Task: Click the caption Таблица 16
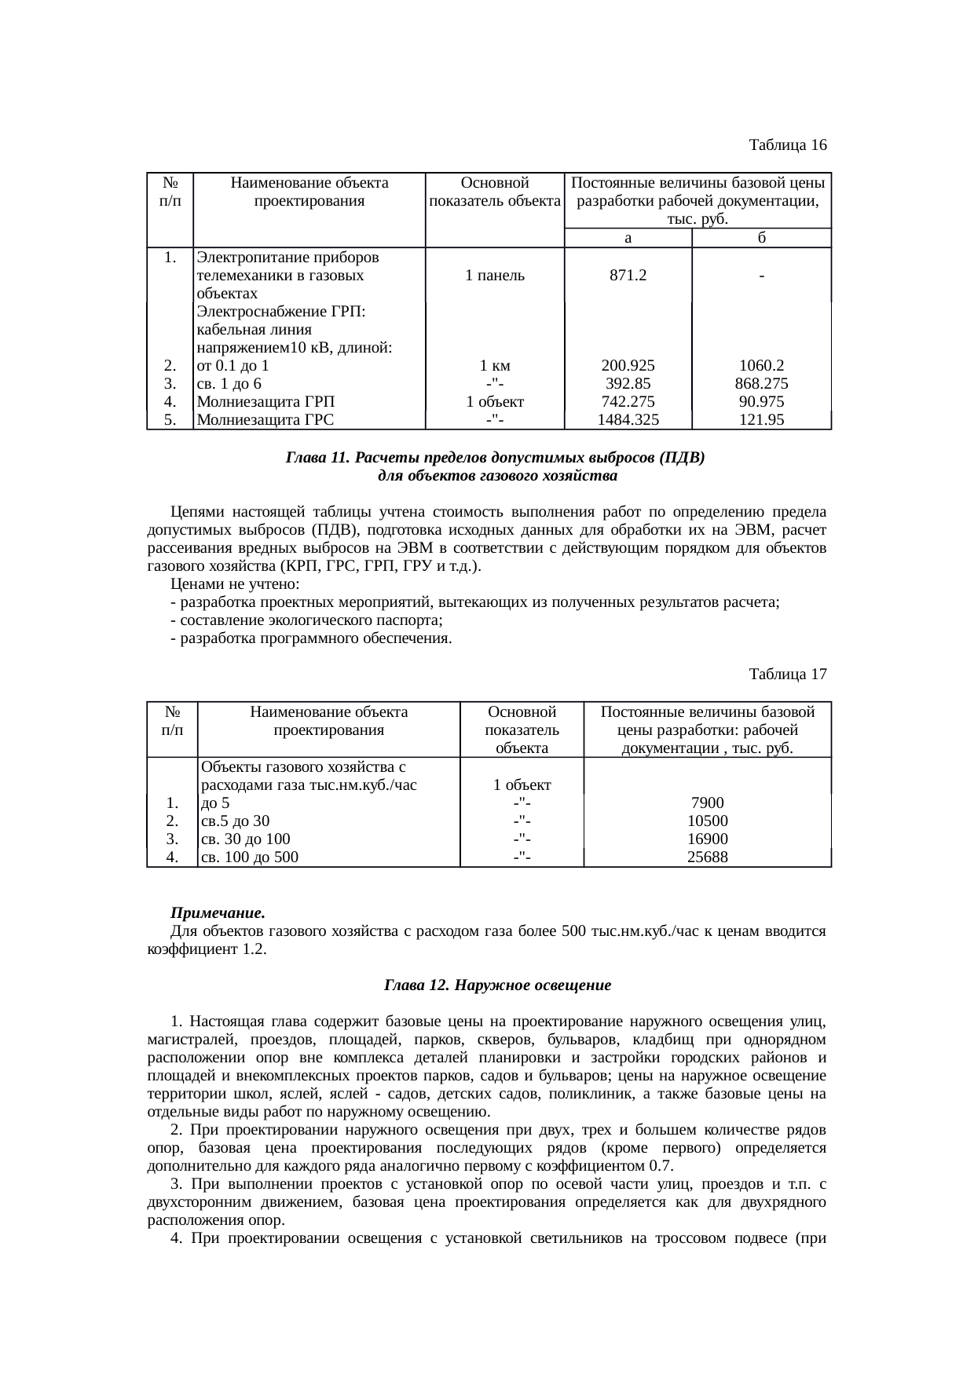click(x=787, y=145)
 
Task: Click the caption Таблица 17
click(x=787, y=674)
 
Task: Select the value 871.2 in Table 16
click(x=628, y=276)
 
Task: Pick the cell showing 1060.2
click(x=761, y=366)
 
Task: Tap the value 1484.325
click(x=628, y=420)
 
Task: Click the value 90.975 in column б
click(x=761, y=402)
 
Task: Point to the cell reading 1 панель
click(x=495, y=276)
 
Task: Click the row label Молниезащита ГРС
click(x=265, y=420)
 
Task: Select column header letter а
click(x=628, y=238)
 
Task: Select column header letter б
click(x=761, y=238)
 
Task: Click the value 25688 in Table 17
click(x=707, y=857)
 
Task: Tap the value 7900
click(x=707, y=803)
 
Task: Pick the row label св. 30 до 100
click(x=246, y=839)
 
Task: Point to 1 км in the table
click(x=495, y=366)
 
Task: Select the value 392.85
click(x=628, y=384)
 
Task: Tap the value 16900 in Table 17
click(x=707, y=839)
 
